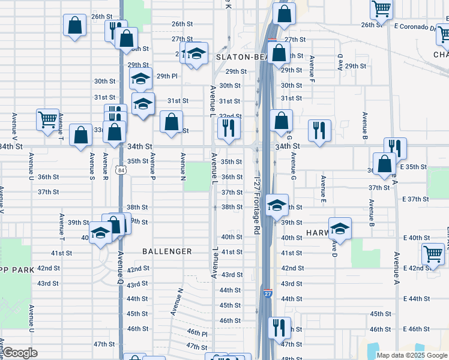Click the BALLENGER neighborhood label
pyautogui.click(x=167, y=251)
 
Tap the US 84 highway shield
pyautogui.click(x=121, y=170)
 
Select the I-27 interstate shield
pyautogui.click(x=268, y=293)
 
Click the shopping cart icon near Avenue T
pyautogui.click(x=47, y=118)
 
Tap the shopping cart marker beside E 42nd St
pyautogui.click(x=432, y=254)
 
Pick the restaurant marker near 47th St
pyautogui.click(x=279, y=328)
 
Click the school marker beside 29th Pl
pyautogui.click(x=141, y=79)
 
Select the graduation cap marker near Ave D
pyautogui.click(x=340, y=229)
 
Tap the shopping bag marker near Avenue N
pyautogui.click(x=172, y=121)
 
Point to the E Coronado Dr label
pyautogui.click(x=416, y=28)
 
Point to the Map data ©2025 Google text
pyautogui.click(x=411, y=355)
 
